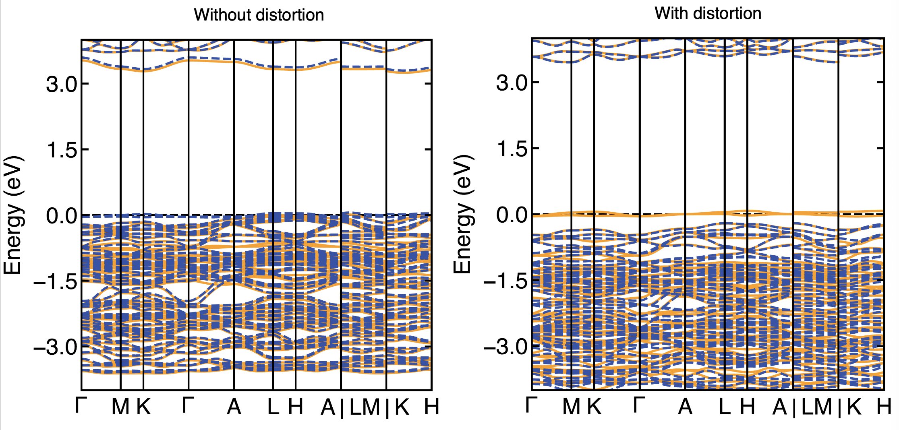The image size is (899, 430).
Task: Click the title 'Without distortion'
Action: click(259, 15)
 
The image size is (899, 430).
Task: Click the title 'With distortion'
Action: click(708, 14)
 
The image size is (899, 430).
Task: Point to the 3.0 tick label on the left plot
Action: click(61, 85)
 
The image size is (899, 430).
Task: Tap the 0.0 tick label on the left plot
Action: click(61, 216)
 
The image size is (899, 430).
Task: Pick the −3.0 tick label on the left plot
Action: click(55, 347)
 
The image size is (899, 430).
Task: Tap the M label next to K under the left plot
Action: click(120, 407)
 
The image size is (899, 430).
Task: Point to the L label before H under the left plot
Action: click(273, 407)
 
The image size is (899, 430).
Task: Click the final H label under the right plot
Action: click(884, 407)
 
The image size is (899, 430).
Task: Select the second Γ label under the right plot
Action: click(640, 406)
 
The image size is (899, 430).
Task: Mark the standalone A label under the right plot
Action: click(685, 407)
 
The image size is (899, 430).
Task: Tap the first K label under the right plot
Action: click(594, 407)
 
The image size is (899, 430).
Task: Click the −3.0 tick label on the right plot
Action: click(505, 347)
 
